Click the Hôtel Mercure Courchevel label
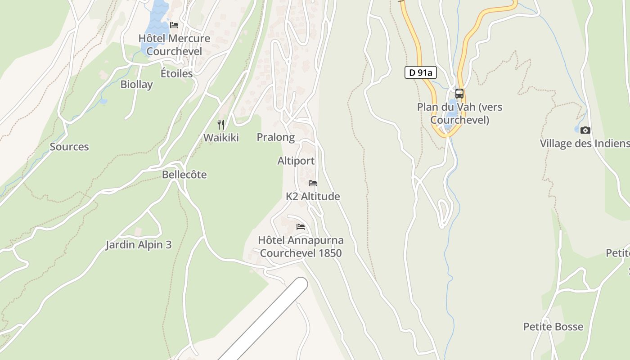pyautogui.click(x=174, y=45)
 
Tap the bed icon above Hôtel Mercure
pyautogui.click(x=174, y=25)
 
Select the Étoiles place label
pyautogui.click(x=176, y=73)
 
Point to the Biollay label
pyautogui.click(x=136, y=84)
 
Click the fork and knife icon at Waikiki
pyautogui.click(x=221, y=125)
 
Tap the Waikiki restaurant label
pyautogui.click(x=221, y=138)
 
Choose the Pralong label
pyautogui.click(x=275, y=137)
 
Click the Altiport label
pyautogui.click(x=296, y=161)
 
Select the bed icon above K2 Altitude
pyautogui.click(x=313, y=183)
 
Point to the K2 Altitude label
pyautogui.click(x=313, y=197)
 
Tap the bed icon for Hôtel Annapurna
pyautogui.click(x=301, y=226)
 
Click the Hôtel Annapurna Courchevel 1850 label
pyautogui.click(x=301, y=247)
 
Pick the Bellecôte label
pyautogui.click(x=184, y=175)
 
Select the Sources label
pyautogui.click(x=69, y=147)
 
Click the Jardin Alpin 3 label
pyautogui.click(x=139, y=245)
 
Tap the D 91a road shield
pyautogui.click(x=420, y=72)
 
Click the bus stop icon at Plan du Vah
pyautogui.click(x=459, y=94)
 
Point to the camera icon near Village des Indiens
pyautogui.click(x=585, y=130)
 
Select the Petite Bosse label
pyautogui.click(x=553, y=327)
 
